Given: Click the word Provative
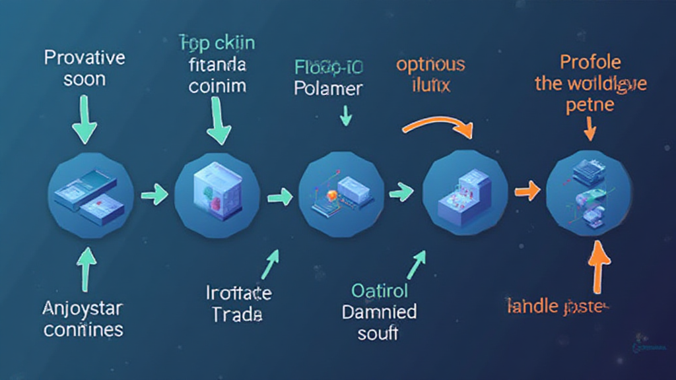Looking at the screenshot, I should pos(84,57).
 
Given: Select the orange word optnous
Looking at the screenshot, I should pos(430,65).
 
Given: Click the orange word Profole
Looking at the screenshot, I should pos(590,63).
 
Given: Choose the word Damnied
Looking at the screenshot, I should pos(379,312).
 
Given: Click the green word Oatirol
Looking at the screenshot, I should pos(380,291).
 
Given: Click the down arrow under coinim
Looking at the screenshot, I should pos(217,121).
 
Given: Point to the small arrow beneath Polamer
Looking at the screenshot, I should pos(345,117).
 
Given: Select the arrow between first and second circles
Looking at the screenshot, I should pos(154,195).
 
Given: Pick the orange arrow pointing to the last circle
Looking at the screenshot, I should pos(525,191).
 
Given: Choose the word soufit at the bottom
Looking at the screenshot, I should pos(378,333).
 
